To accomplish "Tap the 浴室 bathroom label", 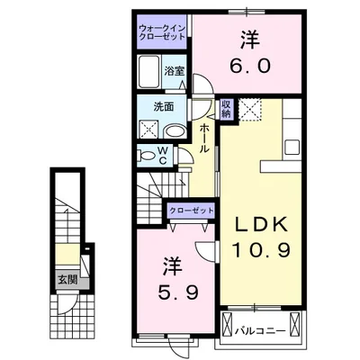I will tap(174, 68).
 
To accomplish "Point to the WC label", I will tap(162, 154).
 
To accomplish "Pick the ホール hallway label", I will tap(205, 139).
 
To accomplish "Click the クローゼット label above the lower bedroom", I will tap(191, 211).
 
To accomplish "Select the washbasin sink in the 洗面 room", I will tap(178, 129).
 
